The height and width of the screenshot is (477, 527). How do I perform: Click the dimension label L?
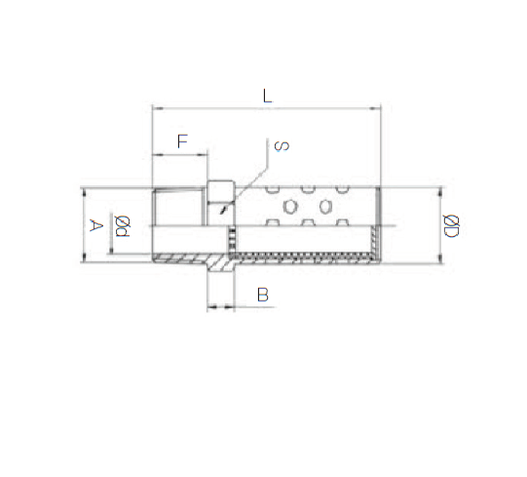click(267, 96)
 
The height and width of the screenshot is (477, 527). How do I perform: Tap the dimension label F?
click(182, 141)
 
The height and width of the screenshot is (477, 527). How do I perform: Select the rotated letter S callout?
click(282, 145)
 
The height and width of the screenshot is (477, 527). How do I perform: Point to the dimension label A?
click(95, 225)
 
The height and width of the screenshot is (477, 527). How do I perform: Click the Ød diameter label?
click(122, 226)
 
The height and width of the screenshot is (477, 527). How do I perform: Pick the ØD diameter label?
click(450, 226)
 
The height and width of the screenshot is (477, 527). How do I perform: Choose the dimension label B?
click(263, 295)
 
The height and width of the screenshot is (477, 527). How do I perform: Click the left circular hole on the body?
click(290, 207)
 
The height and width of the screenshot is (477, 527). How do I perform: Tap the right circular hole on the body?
click(325, 207)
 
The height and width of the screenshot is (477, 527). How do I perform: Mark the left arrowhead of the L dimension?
click(157, 108)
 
